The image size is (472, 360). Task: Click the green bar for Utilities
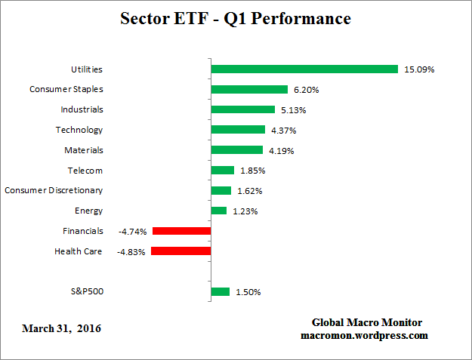(304, 69)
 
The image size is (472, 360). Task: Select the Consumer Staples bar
(249, 89)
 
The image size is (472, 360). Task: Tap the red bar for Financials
(181, 231)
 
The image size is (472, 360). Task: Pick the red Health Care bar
(180, 251)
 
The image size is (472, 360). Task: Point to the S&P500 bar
(221, 291)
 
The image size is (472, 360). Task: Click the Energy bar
(219, 211)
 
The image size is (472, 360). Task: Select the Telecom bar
(223, 170)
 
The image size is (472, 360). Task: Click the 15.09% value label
(419, 69)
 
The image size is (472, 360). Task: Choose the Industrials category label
(81, 109)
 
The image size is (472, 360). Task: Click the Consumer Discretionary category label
(54, 190)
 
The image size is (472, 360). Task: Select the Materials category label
(84, 150)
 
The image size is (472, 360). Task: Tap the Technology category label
(79, 130)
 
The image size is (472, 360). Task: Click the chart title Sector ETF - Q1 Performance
(236, 19)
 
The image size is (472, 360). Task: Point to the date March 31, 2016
(61, 328)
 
